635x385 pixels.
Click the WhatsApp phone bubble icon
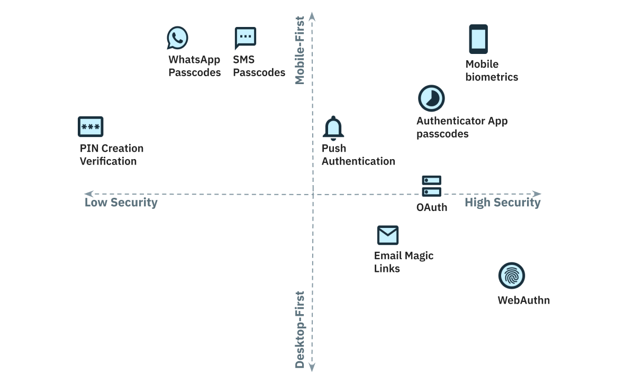click(x=177, y=38)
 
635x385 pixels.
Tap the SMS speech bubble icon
click(x=245, y=38)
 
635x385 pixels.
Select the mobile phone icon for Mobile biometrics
click(x=478, y=39)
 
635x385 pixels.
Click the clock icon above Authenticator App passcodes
click(x=431, y=98)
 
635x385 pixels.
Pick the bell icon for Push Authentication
click(x=333, y=127)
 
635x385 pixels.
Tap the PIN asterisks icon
click(x=90, y=127)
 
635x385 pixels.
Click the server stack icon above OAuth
click(x=431, y=187)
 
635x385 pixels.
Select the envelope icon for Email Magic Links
click(x=387, y=235)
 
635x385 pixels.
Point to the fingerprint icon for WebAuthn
click(x=511, y=276)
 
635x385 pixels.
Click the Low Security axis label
click(x=121, y=203)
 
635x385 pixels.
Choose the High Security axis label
click(x=502, y=203)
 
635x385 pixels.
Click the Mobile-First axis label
click(x=300, y=50)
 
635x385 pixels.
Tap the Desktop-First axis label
click(x=300, y=329)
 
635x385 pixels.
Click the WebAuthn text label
click(x=523, y=300)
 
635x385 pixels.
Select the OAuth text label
click(x=431, y=207)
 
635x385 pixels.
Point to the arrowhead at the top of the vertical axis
click(x=312, y=16)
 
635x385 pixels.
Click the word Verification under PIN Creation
click(x=108, y=161)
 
